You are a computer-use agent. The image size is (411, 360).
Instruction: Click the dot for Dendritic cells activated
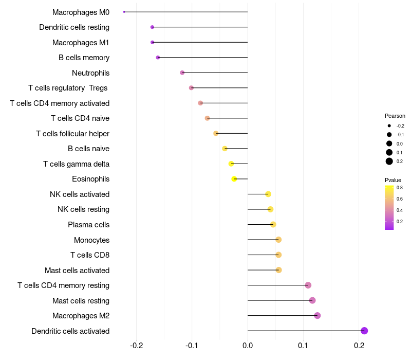[364, 331]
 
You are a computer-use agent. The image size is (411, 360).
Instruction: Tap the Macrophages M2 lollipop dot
[317, 316]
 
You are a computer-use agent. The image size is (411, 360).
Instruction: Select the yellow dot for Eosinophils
[234, 179]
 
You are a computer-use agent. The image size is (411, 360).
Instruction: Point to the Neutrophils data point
[182, 73]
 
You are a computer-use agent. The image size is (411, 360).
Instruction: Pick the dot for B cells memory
[158, 58]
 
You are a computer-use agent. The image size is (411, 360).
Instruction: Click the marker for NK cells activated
[268, 194]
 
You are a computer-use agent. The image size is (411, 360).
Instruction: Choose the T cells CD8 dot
[278, 255]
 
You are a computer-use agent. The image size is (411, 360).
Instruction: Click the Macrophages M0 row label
[81, 12]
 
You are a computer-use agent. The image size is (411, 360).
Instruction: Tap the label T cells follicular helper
[72, 134]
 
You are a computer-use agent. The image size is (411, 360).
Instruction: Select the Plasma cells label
[88, 225]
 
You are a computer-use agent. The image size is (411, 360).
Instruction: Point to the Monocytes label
[91, 240]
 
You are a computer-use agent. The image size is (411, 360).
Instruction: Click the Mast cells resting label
[81, 301]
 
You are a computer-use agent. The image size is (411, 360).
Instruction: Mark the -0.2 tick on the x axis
[137, 345]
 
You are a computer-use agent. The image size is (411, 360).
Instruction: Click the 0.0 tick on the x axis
[248, 345]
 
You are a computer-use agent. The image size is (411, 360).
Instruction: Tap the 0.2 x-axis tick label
[359, 345]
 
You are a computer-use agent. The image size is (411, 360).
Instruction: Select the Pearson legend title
[395, 116]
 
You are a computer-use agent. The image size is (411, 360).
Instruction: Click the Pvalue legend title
[393, 180]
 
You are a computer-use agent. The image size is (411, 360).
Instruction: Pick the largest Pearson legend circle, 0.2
[389, 161]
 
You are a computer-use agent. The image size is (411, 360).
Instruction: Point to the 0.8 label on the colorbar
[399, 188]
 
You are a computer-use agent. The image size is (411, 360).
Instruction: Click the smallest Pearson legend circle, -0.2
[389, 125]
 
